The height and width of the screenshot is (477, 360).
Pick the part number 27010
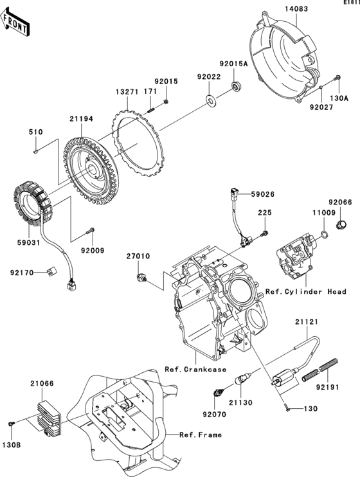tap(137, 256)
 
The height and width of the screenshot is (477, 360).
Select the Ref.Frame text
tap(201, 435)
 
